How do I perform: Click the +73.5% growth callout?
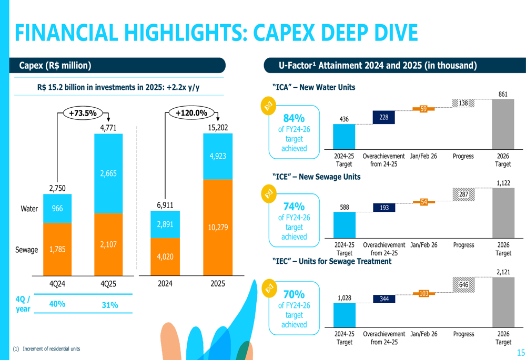pos(83,113)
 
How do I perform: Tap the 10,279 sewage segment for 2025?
pos(217,227)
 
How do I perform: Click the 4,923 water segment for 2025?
pos(217,156)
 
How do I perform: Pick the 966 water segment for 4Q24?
pos(57,209)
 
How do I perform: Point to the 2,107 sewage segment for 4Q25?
pos(108,244)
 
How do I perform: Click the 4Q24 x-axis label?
pos(57,283)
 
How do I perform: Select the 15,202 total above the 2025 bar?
pos(217,127)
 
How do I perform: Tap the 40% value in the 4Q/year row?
pos(57,304)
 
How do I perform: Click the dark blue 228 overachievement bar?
pos(384,118)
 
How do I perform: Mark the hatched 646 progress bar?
pos(463,285)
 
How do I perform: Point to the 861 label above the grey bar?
pos(503,94)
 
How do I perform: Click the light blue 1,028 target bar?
pos(345,315)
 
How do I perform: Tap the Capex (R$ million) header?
pos(55,66)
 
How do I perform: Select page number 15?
pos(521,353)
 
